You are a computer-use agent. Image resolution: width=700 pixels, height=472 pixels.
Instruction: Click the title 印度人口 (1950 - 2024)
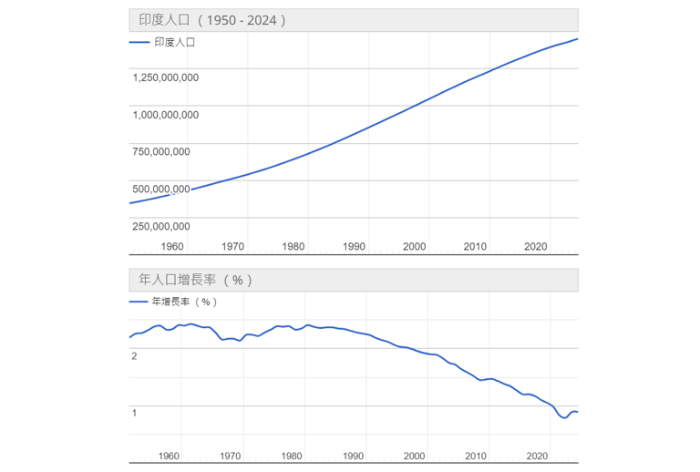coord(212,20)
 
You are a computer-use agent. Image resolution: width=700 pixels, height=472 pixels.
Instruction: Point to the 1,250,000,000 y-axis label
coord(165,77)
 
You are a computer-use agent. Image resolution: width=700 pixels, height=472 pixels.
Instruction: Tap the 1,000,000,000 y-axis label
coord(165,115)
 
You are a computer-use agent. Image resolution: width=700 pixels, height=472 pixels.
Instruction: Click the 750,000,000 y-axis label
coord(161,151)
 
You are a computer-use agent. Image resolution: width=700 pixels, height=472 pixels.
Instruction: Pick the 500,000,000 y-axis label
coord(161,189)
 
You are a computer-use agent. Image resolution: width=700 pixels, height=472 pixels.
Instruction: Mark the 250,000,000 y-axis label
coord(161,226)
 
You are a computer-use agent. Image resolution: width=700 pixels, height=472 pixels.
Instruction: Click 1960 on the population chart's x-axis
coord(172,246)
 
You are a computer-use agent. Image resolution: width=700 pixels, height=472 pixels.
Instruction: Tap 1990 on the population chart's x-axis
coord(354,246)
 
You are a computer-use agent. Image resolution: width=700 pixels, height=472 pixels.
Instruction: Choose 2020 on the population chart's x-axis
coord(535,246)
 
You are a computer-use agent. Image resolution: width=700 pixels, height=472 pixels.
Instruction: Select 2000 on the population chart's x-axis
coord(415,246)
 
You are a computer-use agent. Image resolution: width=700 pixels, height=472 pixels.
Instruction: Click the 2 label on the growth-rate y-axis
coord(134,355)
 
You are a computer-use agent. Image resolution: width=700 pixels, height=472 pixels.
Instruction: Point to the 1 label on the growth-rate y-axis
coord(134,413)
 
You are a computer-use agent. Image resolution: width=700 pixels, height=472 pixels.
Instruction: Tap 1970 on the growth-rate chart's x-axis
coord(231,456)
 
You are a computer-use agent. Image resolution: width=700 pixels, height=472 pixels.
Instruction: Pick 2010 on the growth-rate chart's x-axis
coord(475,456)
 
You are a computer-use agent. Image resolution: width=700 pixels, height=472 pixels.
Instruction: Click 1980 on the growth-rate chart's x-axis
coord(292,456)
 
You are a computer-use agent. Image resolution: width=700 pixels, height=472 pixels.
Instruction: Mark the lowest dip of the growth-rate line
coord(564,418)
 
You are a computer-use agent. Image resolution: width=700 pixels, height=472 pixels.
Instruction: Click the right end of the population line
coord(578,39)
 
